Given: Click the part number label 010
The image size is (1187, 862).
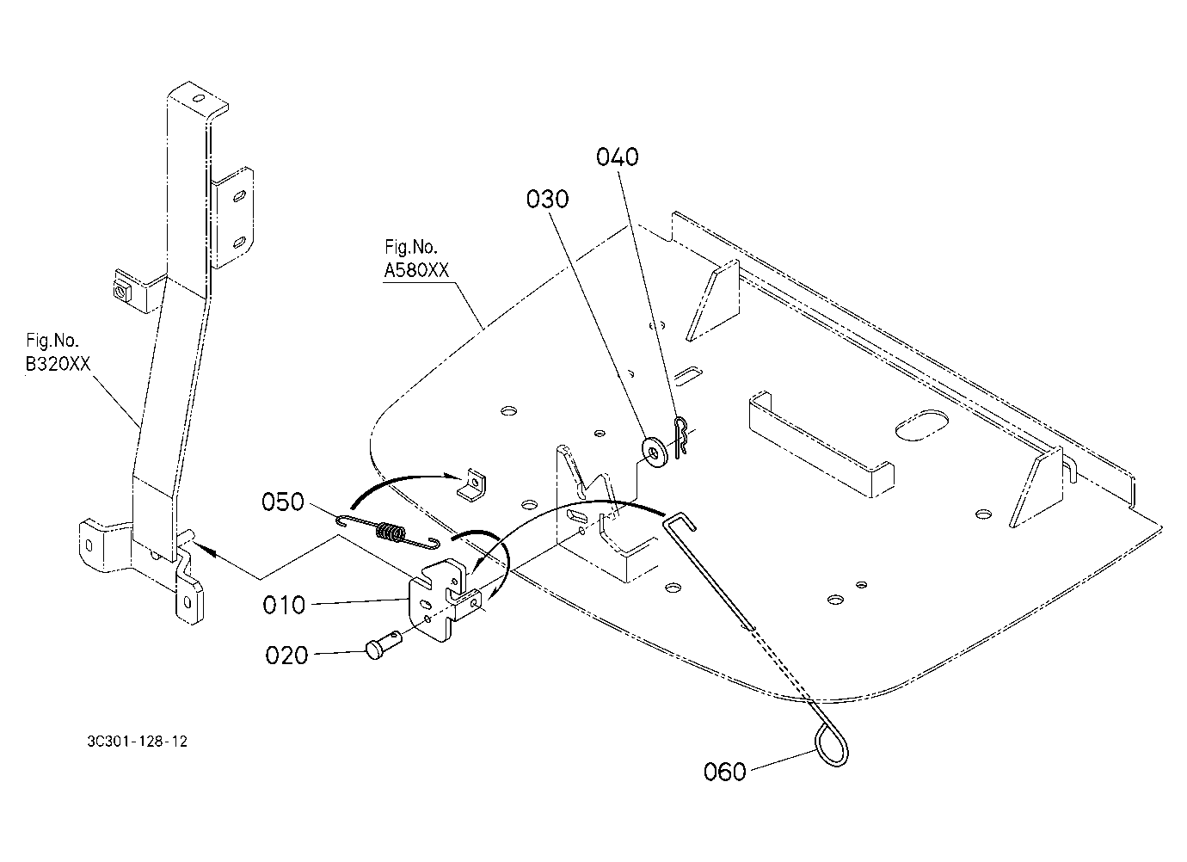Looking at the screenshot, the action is click(284, 605).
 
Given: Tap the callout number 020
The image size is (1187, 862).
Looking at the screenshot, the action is click(286, 656).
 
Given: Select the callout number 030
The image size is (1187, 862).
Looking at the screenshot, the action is click(547, 200).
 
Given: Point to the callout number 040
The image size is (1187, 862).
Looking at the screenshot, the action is click(618, 157).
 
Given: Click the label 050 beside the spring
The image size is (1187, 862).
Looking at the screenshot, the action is click(283, 502).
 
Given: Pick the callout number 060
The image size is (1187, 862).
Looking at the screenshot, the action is click(725, 772).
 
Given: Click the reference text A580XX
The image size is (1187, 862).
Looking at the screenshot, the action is click(416, 270).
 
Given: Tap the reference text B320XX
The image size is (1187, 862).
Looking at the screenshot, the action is click(58, 364).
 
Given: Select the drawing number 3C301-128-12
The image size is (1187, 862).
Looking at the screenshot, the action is click(138, 741).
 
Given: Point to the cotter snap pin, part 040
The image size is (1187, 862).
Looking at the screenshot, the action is click(680, 437).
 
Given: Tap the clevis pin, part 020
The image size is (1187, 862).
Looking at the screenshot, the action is click(384, 642).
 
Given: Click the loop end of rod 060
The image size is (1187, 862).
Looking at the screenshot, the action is click(831, 745).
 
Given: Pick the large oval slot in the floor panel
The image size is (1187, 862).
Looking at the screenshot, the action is click(921, 425).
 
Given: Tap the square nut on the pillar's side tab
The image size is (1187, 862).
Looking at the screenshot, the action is click(122, 291).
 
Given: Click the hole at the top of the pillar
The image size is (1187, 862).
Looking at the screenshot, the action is click(199, 99).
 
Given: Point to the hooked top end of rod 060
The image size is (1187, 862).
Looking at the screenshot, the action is click(679, 520).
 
